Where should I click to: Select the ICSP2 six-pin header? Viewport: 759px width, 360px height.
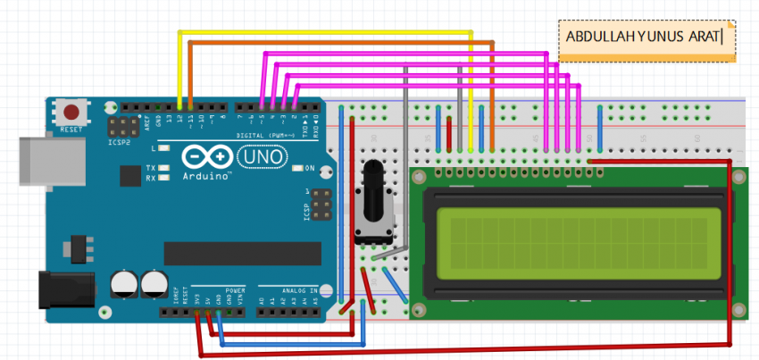click(120, 126)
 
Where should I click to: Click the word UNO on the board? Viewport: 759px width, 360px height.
click(264, 157)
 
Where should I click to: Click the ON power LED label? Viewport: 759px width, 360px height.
click(310, 168)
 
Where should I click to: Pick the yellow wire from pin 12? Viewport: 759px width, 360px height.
click(326, 33)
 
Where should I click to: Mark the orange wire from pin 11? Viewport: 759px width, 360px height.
click(339, 42)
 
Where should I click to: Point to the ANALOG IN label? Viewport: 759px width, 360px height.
click(288, 290)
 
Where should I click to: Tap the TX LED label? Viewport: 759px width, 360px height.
click(151, 168)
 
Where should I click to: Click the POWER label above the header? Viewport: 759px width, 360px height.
click(235, 290)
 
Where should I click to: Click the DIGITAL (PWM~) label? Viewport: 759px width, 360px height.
click(268, 135)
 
